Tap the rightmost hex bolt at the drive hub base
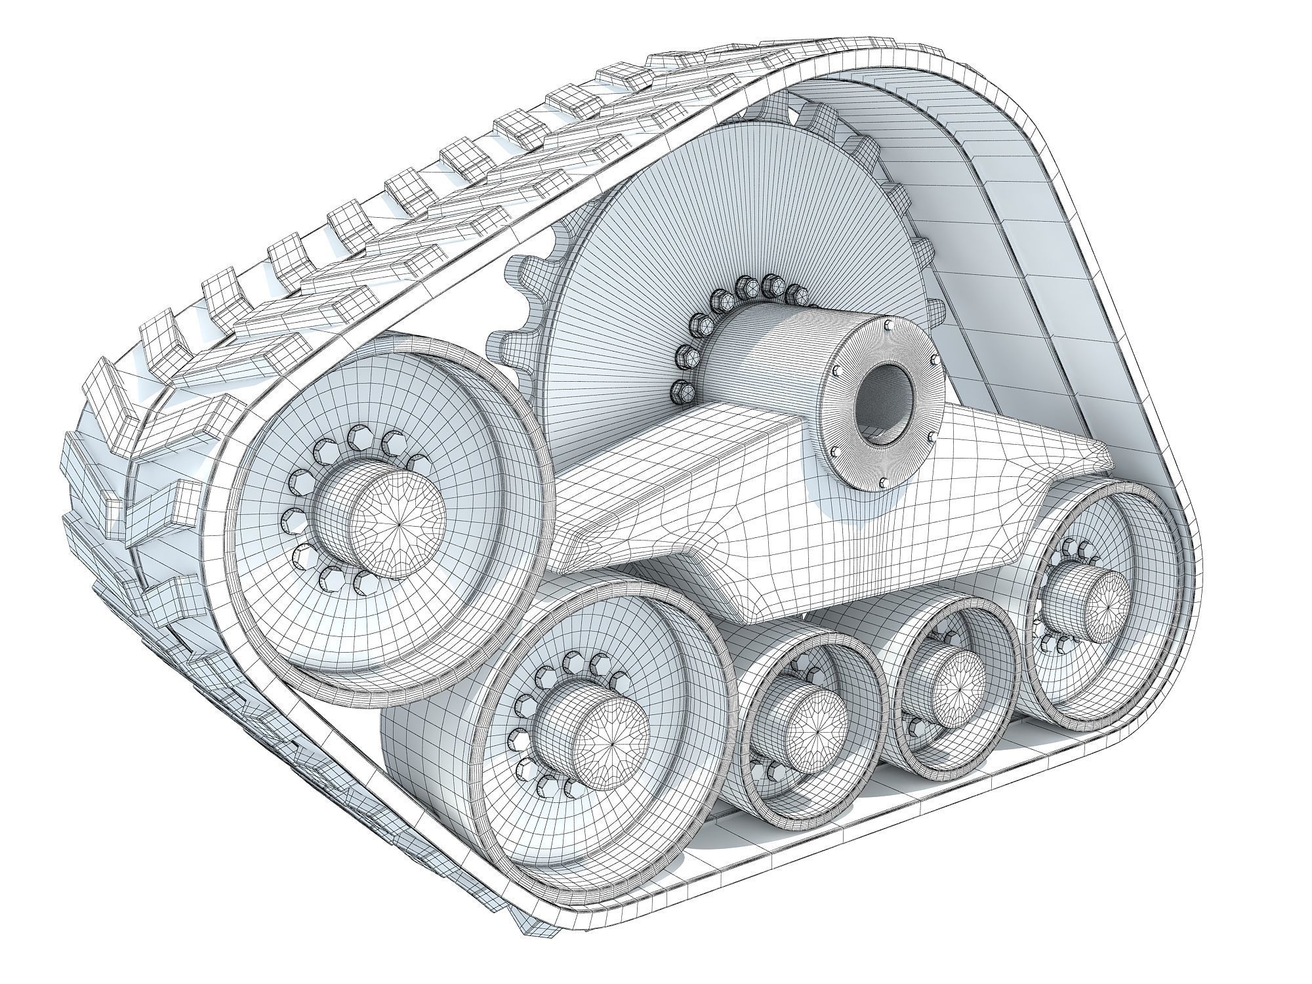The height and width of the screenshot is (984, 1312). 796,292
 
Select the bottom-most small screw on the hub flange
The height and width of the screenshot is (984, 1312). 884,483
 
